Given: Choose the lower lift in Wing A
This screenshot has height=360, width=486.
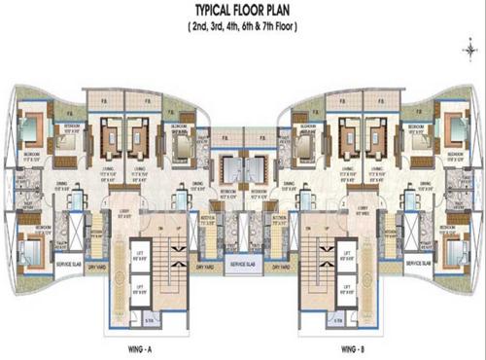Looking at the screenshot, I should (x=141, y=288).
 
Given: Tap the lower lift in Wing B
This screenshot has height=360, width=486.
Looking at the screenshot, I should (x=344, y=288).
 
